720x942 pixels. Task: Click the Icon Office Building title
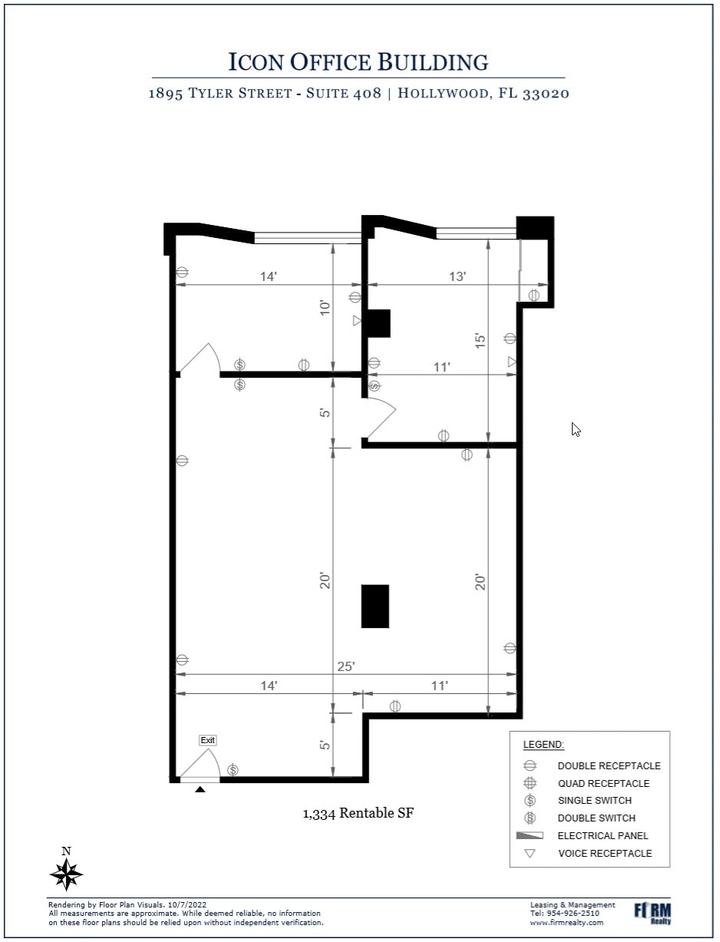358,61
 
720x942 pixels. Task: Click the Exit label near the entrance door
207,740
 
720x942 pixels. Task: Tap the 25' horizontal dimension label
346,666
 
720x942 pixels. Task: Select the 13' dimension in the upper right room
457,276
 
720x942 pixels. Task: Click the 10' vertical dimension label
325,308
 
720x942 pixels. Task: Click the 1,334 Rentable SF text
358,813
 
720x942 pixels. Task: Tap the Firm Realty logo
652,912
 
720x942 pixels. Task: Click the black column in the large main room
375,606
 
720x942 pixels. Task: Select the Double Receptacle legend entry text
609,766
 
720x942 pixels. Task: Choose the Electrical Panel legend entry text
603,836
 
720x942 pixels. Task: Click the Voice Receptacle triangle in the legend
529,854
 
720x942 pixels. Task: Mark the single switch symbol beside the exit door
233,769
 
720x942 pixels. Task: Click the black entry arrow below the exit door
200,788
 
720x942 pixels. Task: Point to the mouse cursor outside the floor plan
576,428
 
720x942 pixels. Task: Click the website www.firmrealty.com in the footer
566,923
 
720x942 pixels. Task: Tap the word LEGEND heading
543,745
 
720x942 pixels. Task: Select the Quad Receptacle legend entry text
603,784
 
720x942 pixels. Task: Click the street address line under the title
358,94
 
